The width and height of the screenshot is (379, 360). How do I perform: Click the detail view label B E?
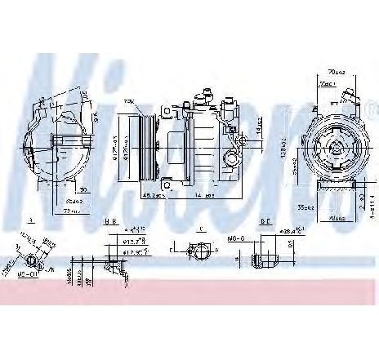coord(265,221)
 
